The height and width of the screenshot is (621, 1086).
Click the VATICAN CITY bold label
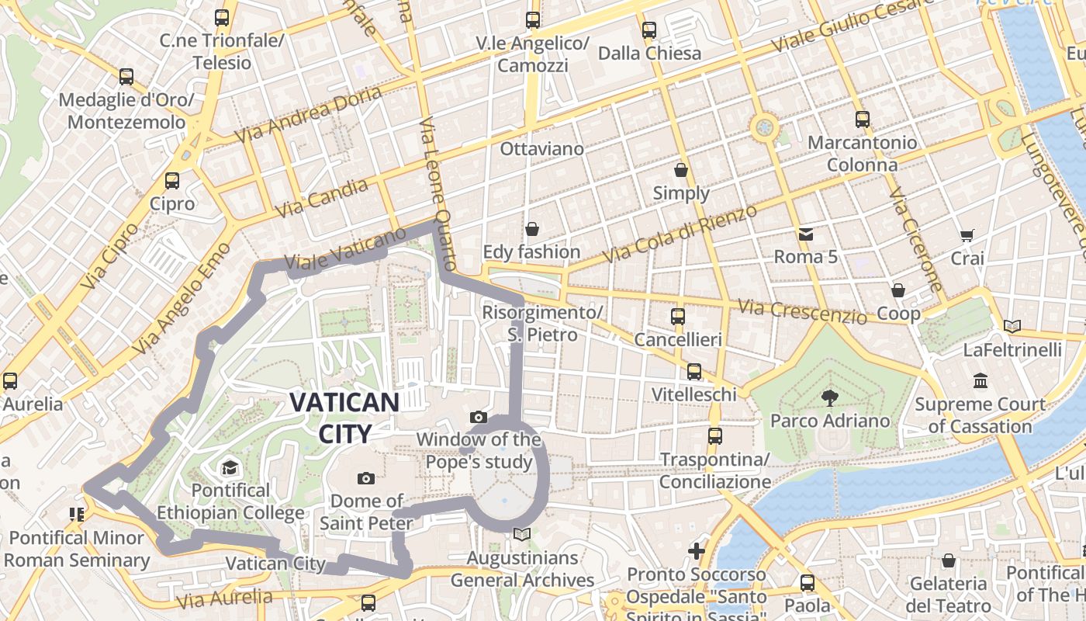(344, 418)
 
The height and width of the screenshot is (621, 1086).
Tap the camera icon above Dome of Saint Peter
(366, 478)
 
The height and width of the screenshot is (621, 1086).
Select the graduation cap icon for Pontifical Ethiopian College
(230, 467)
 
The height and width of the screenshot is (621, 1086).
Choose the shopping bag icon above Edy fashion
(532, 229)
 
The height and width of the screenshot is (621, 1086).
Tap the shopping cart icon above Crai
(967, 235)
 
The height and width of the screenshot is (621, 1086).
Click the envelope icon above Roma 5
(806, 234)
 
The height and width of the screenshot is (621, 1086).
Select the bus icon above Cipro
(172, 181)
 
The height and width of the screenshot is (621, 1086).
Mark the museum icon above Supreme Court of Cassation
(981, 381)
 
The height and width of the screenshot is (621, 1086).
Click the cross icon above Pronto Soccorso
(697, 551)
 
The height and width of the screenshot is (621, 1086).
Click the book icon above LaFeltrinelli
(1012, 327)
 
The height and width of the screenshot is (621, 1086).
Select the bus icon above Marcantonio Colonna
(862, 120)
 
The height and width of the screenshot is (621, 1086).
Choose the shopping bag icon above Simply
(681, 170)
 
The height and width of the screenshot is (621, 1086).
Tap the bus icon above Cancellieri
(678, 317)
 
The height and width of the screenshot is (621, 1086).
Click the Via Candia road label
(322, 198)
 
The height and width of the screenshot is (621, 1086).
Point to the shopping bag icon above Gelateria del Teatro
(948, 560)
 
